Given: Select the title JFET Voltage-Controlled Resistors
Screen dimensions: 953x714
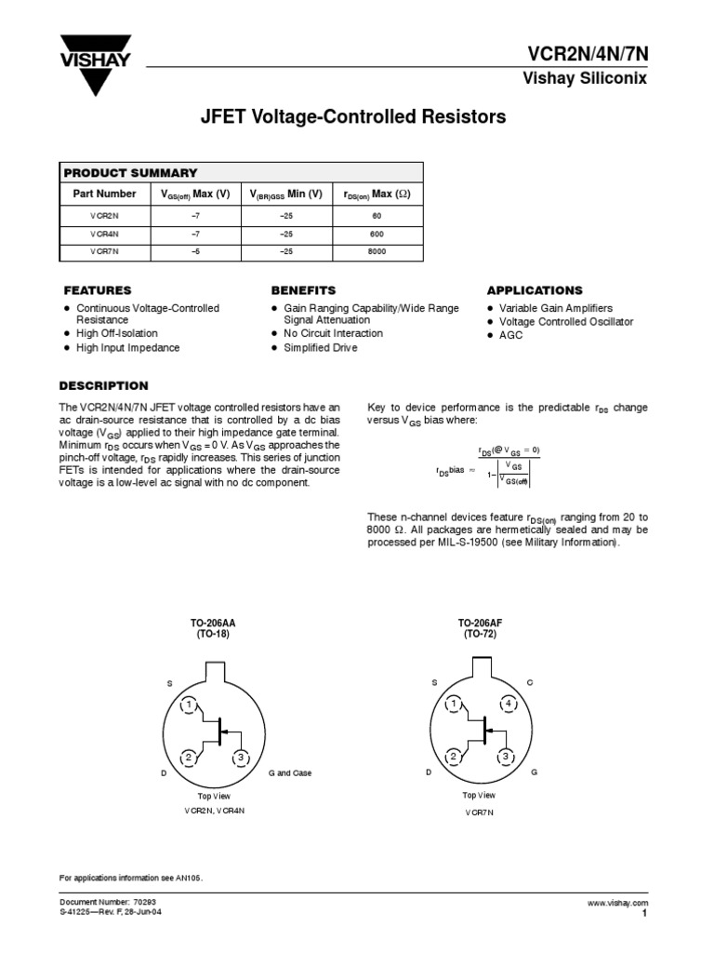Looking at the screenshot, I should click(353, 118).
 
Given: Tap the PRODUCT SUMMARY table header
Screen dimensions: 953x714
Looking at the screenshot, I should click(130, 172).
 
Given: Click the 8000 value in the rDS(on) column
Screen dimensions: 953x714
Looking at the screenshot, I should click(377, 252).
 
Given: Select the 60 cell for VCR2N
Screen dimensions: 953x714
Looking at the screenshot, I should click(377, 215).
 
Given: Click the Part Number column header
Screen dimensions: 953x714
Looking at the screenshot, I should click(104, 194).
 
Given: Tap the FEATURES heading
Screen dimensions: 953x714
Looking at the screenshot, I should click(97, 290).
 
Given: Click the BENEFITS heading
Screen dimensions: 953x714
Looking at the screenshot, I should click(303, 290).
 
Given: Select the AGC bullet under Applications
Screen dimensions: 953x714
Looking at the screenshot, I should click(510, 335).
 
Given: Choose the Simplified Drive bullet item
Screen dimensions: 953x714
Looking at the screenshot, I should click(321, 347).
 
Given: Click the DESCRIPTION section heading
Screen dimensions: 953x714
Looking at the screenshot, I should click(103, 386).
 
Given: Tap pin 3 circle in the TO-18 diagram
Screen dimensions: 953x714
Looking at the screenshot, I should click(241, 758).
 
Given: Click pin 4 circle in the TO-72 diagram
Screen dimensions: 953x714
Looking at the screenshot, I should click(509, 705).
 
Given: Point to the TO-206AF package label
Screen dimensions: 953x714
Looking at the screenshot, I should click(479, 622).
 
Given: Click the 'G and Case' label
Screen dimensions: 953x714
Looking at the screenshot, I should click(289, 773).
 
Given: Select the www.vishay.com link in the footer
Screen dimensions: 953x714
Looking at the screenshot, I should click(617, 903).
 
